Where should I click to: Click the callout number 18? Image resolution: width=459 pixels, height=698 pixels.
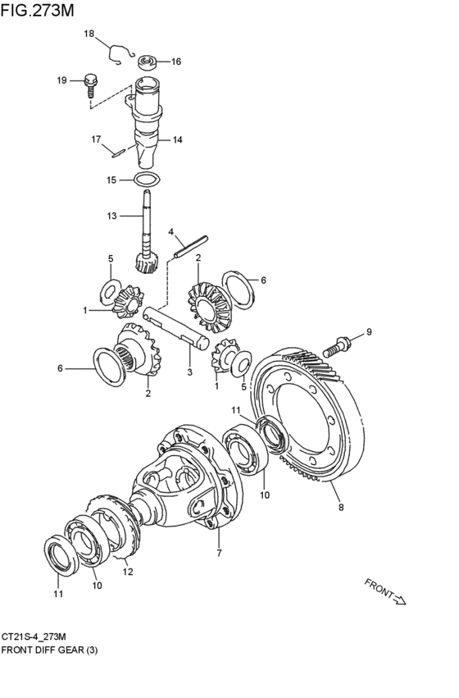(89, 34)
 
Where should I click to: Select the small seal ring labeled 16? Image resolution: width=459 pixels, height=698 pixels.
(147, 62)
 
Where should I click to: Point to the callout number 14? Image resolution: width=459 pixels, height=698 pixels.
(178, 140)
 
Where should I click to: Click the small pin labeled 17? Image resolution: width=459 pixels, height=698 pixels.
(119, 153)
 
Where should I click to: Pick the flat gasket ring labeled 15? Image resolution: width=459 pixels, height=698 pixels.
(148, 180)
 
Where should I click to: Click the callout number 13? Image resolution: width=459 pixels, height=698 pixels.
(111, 216)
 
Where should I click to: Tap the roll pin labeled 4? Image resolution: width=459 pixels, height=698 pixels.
(191, 246)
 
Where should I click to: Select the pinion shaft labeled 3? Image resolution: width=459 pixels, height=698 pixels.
(176, 327)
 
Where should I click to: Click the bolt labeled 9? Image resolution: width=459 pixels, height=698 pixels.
(336, 347)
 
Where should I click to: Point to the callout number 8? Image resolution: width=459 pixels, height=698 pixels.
(341, 507)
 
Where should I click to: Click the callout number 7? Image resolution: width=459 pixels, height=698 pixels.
(219, 554)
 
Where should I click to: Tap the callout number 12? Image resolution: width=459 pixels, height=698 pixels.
(128, 572)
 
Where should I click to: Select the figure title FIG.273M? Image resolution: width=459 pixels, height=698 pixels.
(37, 10)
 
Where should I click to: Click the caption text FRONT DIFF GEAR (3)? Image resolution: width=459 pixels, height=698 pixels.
(49, 650)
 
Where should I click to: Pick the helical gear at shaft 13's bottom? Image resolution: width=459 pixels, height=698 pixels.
(145, 262)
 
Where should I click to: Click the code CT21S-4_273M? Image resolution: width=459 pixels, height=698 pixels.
(34, 636)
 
